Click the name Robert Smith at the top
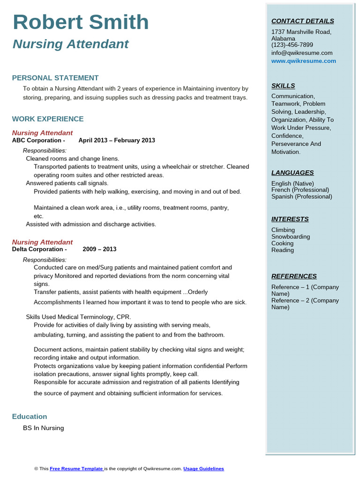pyautogui.click(x=81, y=22)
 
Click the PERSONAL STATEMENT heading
pyautogui.click(x=55, y=78)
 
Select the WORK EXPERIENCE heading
pyautogui.click(x=48, y=119)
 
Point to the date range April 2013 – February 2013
pyautogui.click(x=117, y=140)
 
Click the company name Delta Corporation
pyautogui.click(x=39, y=249)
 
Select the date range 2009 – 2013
pyautogui.click(x=99, y=249)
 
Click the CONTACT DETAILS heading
pyautogui.click(x=302, y=21)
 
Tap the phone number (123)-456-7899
pyautogui.click(x=292, y=45)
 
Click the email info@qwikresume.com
pyautogui.click(x=302, y=53)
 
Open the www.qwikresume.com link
pyautogui.click(x=303, y=61)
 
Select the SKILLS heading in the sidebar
pyautogui.click(x=283, y=86)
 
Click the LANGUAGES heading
pyautogui.click(x=292, y=172)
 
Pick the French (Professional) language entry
pyautogui.click(x=300, y=190)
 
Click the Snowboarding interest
pyautogui.click(x=291, y=237)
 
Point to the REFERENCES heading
pyautogui.click(x=294, y=276)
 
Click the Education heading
pyautogui.click(x=30, y=416)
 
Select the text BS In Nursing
pyautogui.click(x=43, y=428)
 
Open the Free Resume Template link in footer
pyautogui.click(x=76, y=468)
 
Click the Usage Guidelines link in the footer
pyautogui.click(x=203, y=468)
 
